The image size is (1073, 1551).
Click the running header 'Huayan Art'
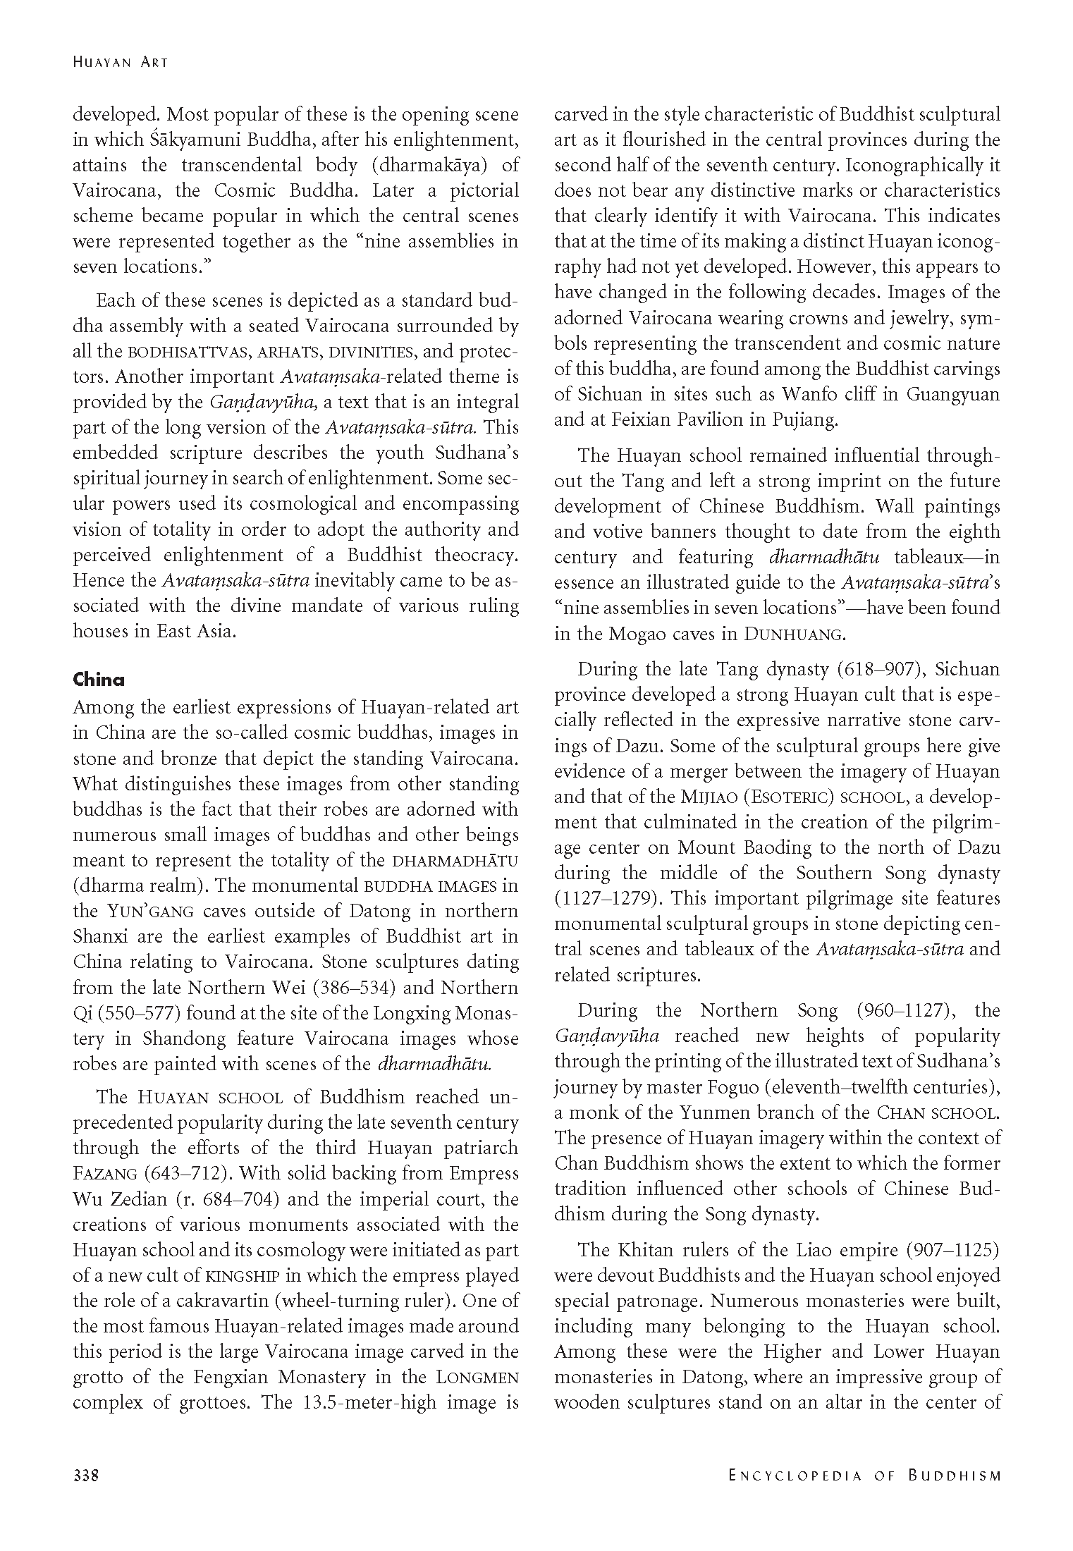pyautogui.click(x=121, y=62)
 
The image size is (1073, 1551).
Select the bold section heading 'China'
pyautogui.click(x=99, y=680)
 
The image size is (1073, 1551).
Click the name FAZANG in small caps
pyautogui.click(x=104, y=1174)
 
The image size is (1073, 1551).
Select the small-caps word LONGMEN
pyautogui.click(x=477, y=1377)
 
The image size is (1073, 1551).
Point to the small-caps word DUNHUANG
pyautogui.click(x=793, y=634)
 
